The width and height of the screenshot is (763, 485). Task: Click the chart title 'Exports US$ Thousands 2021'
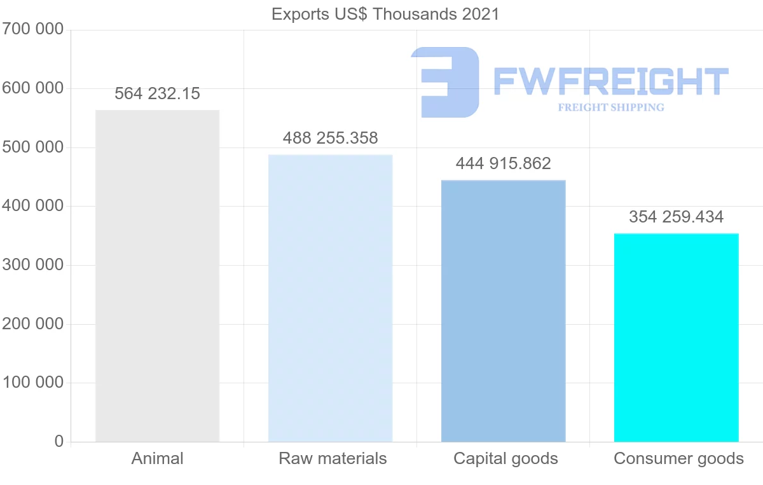[x=385, y=13]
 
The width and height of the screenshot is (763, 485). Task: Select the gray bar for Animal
[x=157, y=276]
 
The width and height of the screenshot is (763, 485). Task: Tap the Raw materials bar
[x=330, y=298]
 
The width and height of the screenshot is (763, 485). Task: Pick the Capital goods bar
[x=503, y=311]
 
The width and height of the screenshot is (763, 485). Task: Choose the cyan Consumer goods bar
[x=676, y=338]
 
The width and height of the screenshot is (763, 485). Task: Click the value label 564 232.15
[x=157, y=93]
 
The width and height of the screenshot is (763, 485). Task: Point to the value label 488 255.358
[x=330, y=138]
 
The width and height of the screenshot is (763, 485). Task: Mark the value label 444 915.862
[x=503, y=163]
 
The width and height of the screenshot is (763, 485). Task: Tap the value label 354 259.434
[x=676, y=217]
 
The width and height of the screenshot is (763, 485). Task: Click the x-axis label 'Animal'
[x=157, y=458]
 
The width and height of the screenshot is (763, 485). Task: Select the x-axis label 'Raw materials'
[x=333, y=458]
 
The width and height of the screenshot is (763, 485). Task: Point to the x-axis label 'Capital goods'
[x=505, y=458]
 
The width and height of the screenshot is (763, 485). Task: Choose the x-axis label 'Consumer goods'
[x=678, y=458]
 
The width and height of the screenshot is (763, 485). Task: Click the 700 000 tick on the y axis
[x=32, y=29]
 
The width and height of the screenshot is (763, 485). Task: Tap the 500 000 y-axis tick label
[x=32, y=147]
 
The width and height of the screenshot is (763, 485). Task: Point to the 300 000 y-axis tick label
[x=32, y=264]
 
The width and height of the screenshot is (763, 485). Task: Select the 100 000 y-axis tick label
[x=32, y=382]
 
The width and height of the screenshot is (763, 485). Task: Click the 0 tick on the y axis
[x=58, y=441]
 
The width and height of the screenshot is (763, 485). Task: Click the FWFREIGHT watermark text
[x=610, y=81]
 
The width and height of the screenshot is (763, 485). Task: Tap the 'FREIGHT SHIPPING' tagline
[x=610, y=107]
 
